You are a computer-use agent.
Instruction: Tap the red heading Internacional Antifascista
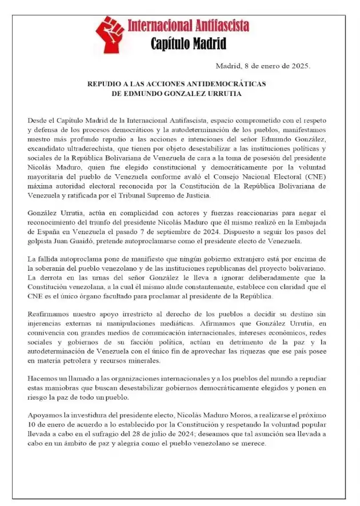pos(188,26)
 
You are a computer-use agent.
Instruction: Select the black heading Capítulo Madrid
pos(188,43)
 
